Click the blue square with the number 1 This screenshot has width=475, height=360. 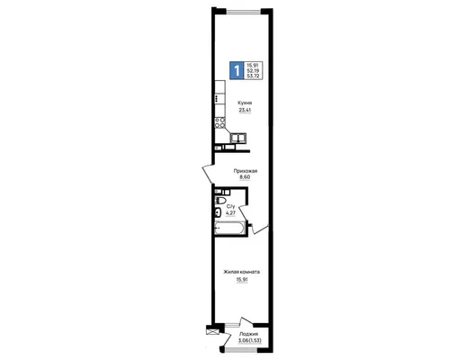(x=237, y=70)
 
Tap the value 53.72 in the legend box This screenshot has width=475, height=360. (x=254, y=76)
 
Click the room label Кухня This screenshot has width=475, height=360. (x=245, y=103)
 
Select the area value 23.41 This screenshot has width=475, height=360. (x=245, y=111)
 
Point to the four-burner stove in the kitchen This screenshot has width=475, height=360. (x=220, y=122)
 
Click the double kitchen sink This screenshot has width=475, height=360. (x=238, y=138)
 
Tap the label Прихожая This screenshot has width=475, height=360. (x=246, y=171)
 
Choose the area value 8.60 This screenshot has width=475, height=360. (x=245, y=177)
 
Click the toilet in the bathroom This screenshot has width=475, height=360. (x=220, y=201)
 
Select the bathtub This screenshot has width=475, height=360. (x=229, y=228)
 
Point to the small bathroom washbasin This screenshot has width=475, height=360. (x=218, y=212)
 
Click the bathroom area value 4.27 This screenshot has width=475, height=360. (x=230, y=213)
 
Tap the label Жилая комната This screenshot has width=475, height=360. (x=241, y=272)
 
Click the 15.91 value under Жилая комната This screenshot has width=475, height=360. (x=242, y=280)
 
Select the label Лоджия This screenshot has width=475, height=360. (x=248, y=334)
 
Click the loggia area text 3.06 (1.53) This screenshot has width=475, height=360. (x=249, y=340)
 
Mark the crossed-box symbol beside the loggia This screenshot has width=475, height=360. (x=211, y=331)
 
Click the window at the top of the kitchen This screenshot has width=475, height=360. (x=244, y=12)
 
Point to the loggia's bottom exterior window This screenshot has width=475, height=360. (x=241, y=351)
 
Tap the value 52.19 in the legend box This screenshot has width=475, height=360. (x=254, y=70)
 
